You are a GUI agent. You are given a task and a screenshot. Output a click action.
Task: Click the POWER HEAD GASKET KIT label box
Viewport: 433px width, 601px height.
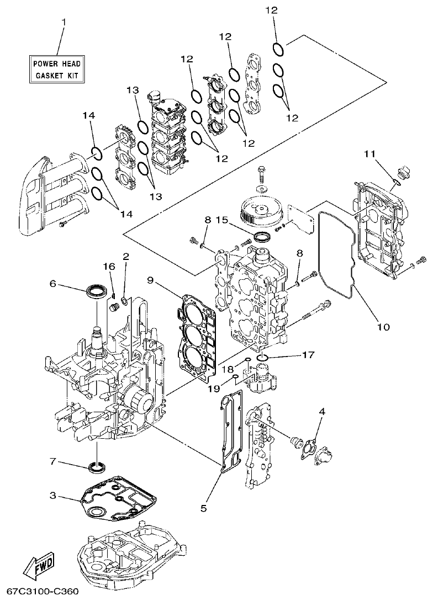pyautogui.click(x=56, y=69)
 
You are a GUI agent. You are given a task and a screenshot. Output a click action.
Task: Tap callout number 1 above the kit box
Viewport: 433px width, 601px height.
pyautogui.click(x=64, y=22)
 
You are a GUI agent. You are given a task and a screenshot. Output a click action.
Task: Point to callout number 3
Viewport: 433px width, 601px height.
pyautogui.click(x=53, y=496)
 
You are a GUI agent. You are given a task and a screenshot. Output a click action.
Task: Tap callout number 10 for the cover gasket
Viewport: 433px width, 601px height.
pyautogui.click(x=383, y=326)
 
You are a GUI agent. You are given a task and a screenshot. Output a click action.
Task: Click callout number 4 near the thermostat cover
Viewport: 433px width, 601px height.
pyautogui.click(x=322, y=411)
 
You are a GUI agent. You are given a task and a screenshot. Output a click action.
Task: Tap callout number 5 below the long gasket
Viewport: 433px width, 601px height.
pyautogui.click(x=203, y=507)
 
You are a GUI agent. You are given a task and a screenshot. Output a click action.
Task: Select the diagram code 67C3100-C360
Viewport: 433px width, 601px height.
pyautogui.click(x=39, y=592)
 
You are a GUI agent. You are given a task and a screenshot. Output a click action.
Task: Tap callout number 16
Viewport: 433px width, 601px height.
pyautogui.click(x=110, y=267)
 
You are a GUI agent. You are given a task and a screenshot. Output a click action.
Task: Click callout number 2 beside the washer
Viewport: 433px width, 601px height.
pyautogui.click(x=126, y=256)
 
